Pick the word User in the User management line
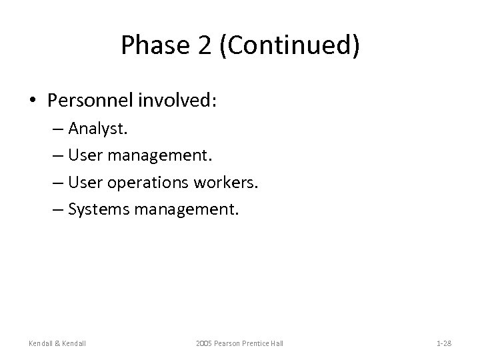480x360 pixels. [x=83, y=156]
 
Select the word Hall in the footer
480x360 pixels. [x=276, y=343]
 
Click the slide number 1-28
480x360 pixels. [x=444, y=343]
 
